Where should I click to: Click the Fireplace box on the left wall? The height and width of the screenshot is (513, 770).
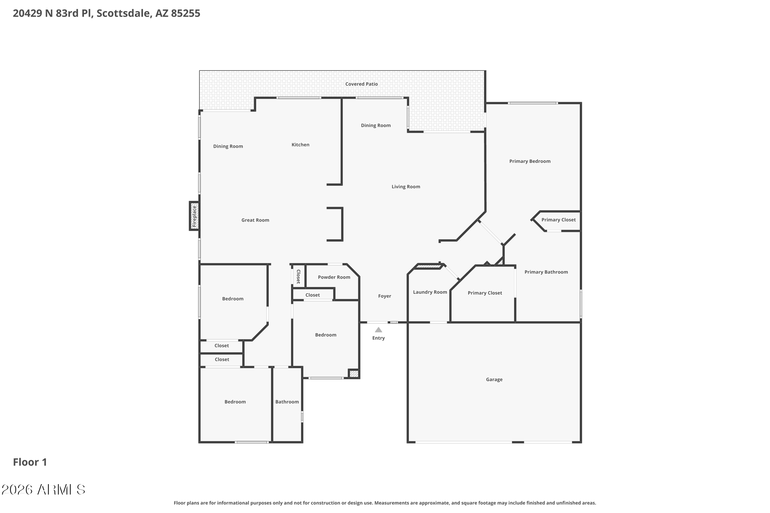(194, 216)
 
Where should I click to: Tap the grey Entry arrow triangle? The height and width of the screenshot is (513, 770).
(378, 330)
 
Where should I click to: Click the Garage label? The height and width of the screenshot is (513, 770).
(494, 379)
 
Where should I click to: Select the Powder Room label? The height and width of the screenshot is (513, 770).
(334, 277)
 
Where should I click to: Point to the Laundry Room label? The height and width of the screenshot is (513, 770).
(430, 292)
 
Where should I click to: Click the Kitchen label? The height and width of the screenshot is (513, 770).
(300, 145)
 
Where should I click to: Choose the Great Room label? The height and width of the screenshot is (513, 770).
(255, 220)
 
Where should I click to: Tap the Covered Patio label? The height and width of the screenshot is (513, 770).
(361, 84)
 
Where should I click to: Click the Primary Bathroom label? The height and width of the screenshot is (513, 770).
(546, 272)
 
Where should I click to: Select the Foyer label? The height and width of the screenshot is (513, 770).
(384, 296)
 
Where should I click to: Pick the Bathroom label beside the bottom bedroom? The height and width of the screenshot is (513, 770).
(287, 402)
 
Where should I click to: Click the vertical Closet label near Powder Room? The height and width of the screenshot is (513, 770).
(298, 276)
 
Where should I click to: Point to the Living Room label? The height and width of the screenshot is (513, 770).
(406, 187)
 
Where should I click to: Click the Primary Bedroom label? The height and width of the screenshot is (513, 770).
(530, 161)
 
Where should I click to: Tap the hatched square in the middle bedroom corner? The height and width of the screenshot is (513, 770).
(354, 374)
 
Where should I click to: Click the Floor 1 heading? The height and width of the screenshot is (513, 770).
(30, 462)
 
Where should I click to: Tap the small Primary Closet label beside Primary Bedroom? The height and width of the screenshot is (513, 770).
(558, 220)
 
